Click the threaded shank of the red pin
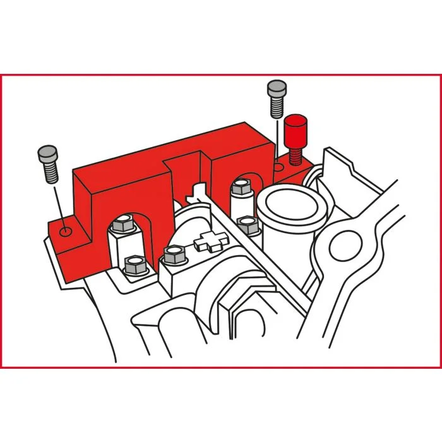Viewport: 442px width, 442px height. coord(294,155)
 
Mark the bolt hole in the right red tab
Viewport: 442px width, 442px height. coord(278,167)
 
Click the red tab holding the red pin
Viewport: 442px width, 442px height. coord(297,170)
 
